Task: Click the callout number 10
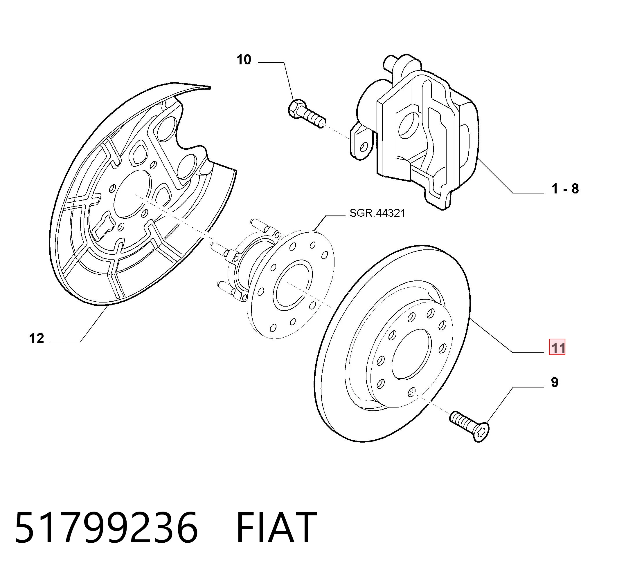(x=244, y=59)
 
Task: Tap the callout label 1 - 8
(x=565, y=189)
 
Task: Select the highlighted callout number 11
(x=557, y=347)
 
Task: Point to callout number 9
(x=555, y=382)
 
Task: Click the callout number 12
(x=37, y=338)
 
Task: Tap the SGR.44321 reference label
(x=377, y=213)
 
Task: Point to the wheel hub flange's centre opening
(x=292, y=285)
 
